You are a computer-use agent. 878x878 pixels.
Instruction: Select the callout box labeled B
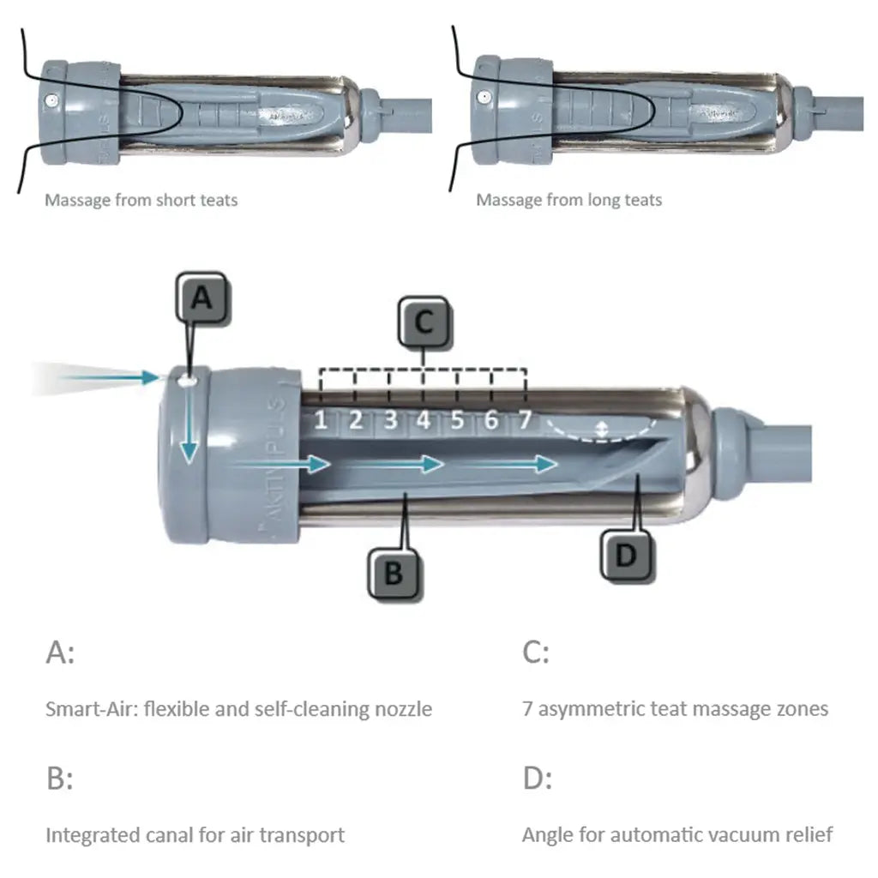tap(394, 572)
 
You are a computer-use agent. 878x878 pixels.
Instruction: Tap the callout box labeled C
tap(423, 322)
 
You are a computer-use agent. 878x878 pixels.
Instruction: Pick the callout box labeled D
tap(627, 556)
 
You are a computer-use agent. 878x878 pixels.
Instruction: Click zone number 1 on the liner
tap(320, 420)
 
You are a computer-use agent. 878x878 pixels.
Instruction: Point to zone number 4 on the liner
tap(423, 420)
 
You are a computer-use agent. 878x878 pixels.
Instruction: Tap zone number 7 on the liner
tap(526, 420)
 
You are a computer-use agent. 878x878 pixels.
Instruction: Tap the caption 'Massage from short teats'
tap(141, 200)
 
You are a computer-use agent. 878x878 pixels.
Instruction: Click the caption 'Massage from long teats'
tap(569, 200)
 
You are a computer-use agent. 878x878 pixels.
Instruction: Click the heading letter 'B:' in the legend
tap(59, 779)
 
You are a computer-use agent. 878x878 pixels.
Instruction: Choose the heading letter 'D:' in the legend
tap(537, 779)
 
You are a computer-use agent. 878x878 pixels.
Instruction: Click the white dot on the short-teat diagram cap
tap(53, 100)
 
